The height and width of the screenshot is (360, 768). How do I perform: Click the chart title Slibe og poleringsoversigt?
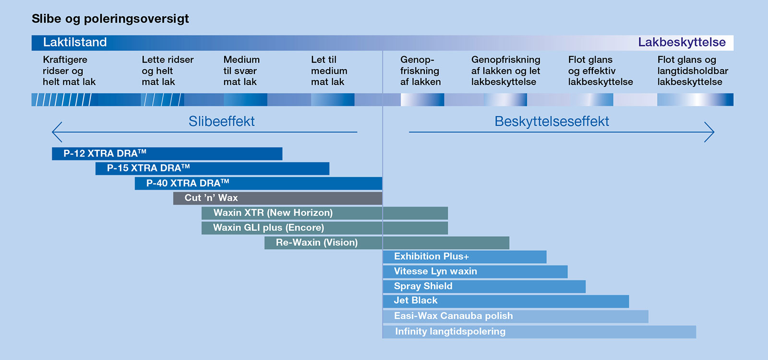[110, 19]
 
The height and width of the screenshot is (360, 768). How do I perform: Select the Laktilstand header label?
[75, 42]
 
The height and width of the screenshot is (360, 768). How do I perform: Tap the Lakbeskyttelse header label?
[682, 42]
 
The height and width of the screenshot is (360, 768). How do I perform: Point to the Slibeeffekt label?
[221, 121]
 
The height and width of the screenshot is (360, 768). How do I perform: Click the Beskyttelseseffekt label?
[552, 121]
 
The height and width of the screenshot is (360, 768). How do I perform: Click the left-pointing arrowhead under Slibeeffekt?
[57, 132]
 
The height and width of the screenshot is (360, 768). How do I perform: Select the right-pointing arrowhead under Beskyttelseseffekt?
[709, 132]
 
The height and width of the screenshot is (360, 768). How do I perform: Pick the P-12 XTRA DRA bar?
[167, 154]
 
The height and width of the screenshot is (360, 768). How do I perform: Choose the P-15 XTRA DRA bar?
[212, 168]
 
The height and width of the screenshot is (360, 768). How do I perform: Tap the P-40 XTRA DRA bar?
[258, 183]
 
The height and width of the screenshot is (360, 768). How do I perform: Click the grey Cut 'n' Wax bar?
[277, 198]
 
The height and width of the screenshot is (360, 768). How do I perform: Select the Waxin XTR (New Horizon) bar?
[324, 213]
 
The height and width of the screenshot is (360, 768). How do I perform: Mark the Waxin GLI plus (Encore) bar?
[324, 228]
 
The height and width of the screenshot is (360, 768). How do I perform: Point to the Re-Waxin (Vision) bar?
[386, 243]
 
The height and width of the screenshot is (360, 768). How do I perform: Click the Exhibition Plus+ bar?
[464, 257]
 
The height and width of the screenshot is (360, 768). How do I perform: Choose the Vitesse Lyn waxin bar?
[475, 272]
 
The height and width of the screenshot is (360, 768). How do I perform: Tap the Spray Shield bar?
[484, 287]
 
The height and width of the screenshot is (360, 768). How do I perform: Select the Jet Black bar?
[505, 301]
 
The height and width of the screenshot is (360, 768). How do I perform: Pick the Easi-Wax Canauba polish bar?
[515, 316]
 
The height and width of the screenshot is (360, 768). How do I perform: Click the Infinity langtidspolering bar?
[539, 332]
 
